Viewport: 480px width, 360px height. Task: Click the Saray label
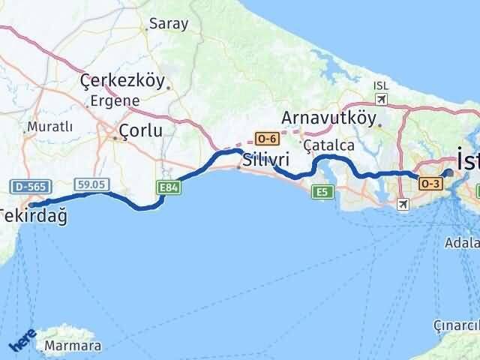pos(169,24)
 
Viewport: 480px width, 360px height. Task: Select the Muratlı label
pos(49,127)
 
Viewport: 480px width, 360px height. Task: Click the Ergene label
pos(115,100)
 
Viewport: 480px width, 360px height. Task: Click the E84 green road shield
pos(167,187)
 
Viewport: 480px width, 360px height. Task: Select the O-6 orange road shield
pos(266,139)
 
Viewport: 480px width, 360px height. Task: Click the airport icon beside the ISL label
pos(382,100)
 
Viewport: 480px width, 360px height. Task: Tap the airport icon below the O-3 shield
pos(403,204)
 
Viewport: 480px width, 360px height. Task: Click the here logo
pos(22,341)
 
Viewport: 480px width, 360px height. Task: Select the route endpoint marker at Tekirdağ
pos(31,203)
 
